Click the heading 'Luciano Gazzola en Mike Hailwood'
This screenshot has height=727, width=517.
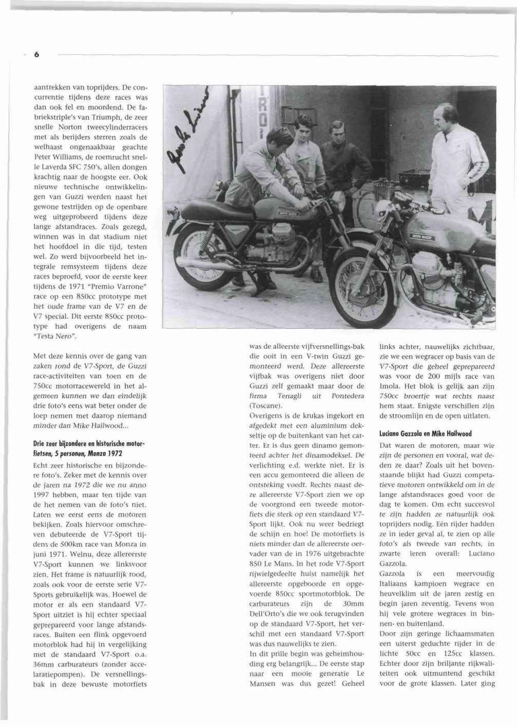[426, 434]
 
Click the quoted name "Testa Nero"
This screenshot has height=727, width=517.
[55, 337]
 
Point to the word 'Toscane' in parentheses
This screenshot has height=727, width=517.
[266, 406]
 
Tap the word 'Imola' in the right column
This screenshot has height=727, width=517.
[389, 386]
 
